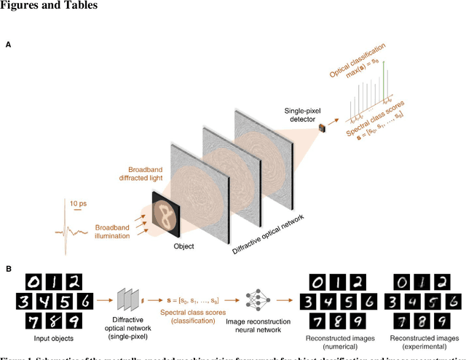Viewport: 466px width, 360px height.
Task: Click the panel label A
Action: (9, 45)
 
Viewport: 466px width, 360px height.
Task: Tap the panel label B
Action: (9, 268)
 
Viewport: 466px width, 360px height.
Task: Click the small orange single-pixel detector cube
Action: (320, 129)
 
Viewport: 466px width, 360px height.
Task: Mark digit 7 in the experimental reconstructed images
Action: (403, 322)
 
